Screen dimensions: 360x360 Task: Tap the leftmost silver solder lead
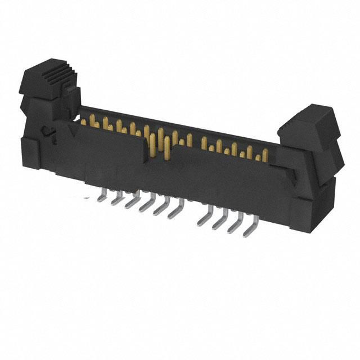pyautogui.click(x=101, y=195)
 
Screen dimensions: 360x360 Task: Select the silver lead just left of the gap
pyautogui.click(x=173, y=212)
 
